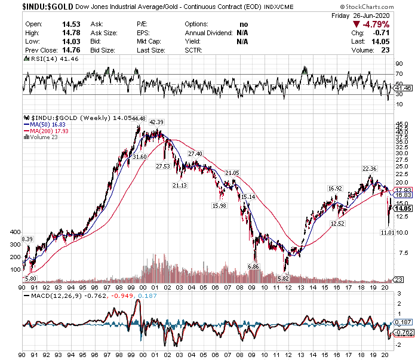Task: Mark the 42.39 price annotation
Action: pos(156,122)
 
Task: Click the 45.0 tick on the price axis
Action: pos(401,124)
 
